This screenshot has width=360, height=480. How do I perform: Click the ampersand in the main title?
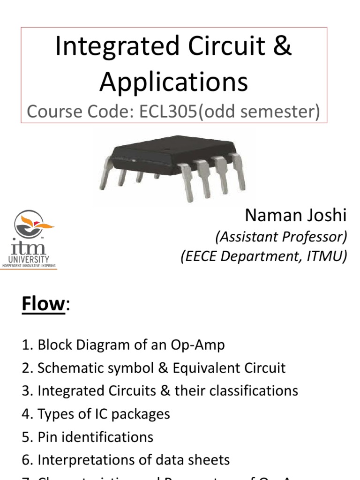click(x=282, y=48)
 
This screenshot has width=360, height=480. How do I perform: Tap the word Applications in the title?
click(x=173, y=82)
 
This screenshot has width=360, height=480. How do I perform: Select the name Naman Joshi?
click(x=296, y=216)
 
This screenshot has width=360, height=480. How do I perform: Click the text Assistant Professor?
click(x=281, y=237)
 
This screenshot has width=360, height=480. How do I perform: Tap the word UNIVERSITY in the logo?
click(x=29, y=259)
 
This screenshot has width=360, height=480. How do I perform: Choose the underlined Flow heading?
click(x=43, y=304)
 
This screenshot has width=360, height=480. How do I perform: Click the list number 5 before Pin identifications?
click(x=25, y=437)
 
